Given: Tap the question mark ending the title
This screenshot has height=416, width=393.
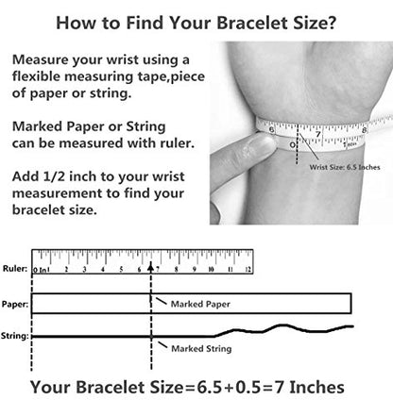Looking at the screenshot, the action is point(331,23).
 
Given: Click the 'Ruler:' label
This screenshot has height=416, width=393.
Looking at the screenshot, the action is point(15,269).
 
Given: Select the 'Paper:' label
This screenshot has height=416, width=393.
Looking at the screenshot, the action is point(15,305).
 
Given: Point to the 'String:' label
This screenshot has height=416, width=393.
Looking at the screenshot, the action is point(14,336).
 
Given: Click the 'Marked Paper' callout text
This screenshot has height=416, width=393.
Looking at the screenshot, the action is point(200,304).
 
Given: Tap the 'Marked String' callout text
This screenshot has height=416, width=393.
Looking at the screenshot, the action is point(201,349).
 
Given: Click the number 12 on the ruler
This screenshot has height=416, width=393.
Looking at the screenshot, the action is point(248,270).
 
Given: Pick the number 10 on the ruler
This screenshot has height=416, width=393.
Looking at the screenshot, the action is point(211,270).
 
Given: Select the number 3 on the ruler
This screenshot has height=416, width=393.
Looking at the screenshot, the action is point(84,270).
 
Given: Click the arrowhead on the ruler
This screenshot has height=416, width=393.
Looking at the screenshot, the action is point(151,268).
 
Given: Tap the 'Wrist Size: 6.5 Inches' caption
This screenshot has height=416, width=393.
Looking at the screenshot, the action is point(345,167).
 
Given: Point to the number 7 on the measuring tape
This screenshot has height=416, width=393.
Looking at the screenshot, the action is point(318,135).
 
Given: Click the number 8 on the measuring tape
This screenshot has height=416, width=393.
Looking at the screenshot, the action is point(365,130).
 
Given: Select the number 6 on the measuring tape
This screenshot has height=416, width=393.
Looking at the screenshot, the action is point(272,130).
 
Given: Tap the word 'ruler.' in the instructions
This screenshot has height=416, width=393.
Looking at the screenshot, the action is point(178,143).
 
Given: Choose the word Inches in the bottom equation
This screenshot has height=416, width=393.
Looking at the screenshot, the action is point(316,387).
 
